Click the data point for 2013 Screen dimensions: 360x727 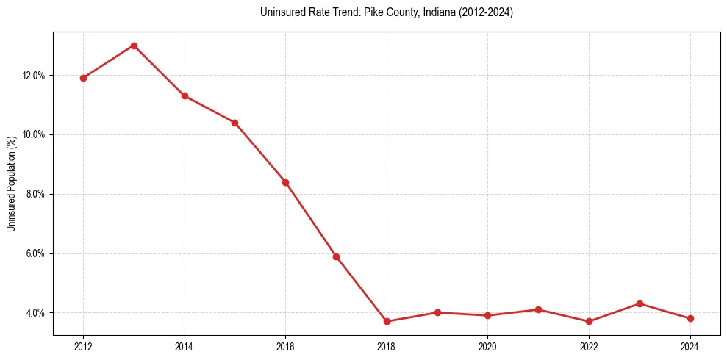pyautogui.click(x=134, y=46)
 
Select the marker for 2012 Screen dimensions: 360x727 pyautogui.click(x=83, y=78)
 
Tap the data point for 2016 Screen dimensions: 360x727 pyautogui.click(x=285, y=182)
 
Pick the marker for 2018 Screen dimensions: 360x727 pyautogui.click(x=387, y=321)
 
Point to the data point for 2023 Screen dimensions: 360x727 pyautogui.click(x=640, y=303)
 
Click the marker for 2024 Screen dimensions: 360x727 pyautogui.click(x=690, y=318)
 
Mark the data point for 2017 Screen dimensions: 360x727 pyautogui.click(x=336, y=256)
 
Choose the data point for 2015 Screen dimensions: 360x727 pyautogui.click(x=234, y=123)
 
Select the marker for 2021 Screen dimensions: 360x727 pyautogui.click(x=538, y=309)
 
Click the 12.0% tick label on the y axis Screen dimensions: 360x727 pyautogui.click(x=34, y=76)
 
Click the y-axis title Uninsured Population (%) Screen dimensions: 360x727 pyautogui.click(x=12, y=182)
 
